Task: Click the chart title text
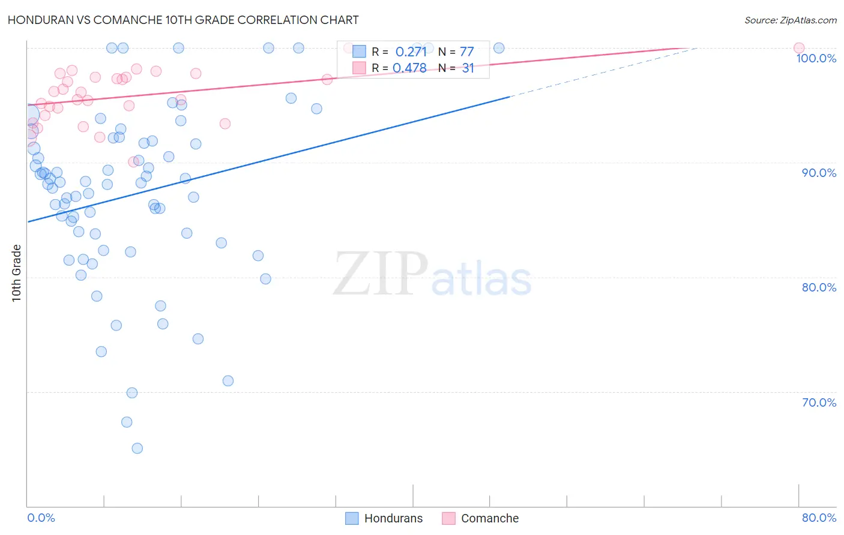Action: pyautogui.click(x=183, y=20)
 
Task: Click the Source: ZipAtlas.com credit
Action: pyautogui.click(x=790, y=20)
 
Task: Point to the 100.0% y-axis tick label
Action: pyautogui.click(x=816, y=58)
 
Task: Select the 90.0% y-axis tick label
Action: pyautogui.click(x=819, y=173)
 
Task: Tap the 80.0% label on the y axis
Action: pyautogui.click(x=819, y=287)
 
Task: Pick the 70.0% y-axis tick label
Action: pyautogui.click(x=819, y=402)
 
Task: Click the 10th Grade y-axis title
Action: pyautogui.click(x=17, y=273)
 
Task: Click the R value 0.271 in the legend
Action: pyautogui.click(x=411, y=52)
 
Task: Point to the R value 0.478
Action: pyautogui.click(x=409, y=68)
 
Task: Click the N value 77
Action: pyautogui.click(x=466, y=52)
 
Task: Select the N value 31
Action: pyautogui.click(x=468, y=68)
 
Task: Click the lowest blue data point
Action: pyautogui.click(x=137, y=449)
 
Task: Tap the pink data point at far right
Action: pyautogui.click(x=798, y=48)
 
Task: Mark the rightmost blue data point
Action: pyautogui.click(x=498, y=48)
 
